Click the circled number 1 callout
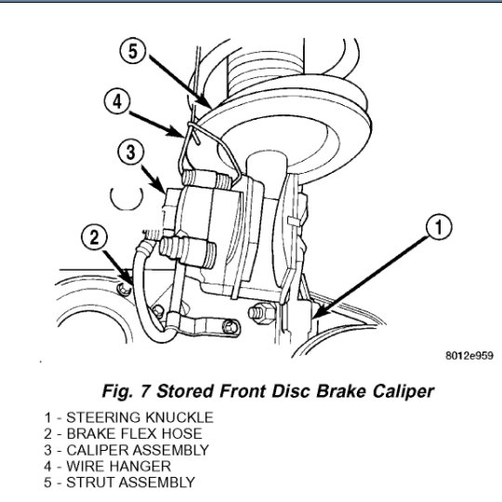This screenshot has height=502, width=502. (439, 227)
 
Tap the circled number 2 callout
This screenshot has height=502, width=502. (94, 238)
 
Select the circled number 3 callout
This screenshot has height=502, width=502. (131, 152)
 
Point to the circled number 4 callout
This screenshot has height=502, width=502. (117, 102)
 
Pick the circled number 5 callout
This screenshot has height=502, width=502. (133, 50)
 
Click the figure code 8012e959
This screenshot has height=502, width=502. (469, 356)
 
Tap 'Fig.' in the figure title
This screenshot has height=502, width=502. (117, 391)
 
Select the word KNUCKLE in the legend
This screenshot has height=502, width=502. (179, 417)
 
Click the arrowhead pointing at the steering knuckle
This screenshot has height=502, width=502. (320, 311)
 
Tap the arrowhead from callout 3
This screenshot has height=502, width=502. (161, 188)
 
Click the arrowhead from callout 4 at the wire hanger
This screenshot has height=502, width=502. (178, 132)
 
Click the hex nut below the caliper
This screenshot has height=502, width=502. (261, 312)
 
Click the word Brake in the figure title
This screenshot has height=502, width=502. (342, 391)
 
